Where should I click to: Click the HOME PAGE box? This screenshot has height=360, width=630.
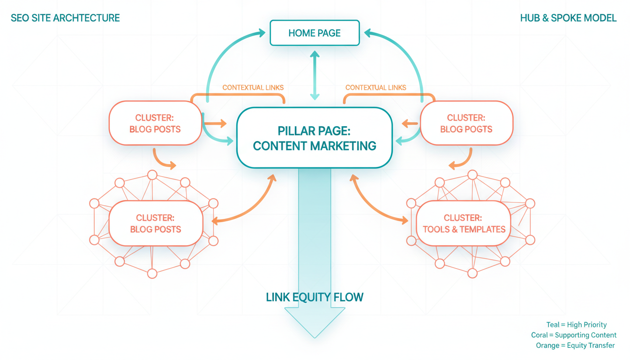click(x=315, y=33)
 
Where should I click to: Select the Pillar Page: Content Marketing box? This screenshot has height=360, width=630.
click(x=315, y=137)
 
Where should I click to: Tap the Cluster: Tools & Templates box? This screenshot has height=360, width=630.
click(x=464, y=224)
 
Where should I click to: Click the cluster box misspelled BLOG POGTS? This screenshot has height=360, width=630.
click(x=466, y=123)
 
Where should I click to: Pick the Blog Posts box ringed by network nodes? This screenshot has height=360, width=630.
click(x=155, y=224)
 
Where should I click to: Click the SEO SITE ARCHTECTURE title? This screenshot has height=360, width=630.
click(x=65, y=18)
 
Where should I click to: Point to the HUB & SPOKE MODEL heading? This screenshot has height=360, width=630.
click(x=568, y=18)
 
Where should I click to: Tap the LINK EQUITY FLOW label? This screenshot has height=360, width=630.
click(x=315, y=297)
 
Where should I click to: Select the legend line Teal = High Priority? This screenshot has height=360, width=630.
click(x=576, y=325)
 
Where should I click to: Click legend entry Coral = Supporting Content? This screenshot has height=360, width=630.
click(x=573, y=335)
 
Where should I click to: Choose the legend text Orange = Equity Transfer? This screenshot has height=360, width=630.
click(x=575, y=345)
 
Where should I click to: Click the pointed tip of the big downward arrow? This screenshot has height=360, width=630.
click(x=315, y=336)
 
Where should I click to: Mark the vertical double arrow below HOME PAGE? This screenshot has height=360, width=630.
click(x=315, y=75)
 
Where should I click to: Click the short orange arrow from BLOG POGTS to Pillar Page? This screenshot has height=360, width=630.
click(x=410, y=124)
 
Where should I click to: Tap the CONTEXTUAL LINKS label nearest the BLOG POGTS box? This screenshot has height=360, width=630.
click(x=375, y=88)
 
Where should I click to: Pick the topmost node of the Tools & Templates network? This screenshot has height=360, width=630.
click(x=472, y=175)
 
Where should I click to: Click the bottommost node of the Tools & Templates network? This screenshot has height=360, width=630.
click(x=472, y=273)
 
